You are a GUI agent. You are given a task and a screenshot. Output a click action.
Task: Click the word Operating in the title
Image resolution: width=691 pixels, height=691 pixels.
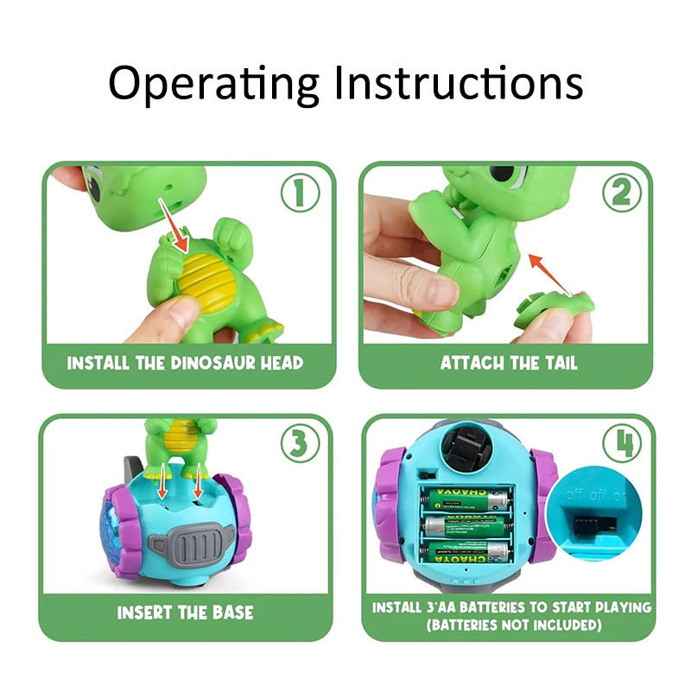pos(213,84)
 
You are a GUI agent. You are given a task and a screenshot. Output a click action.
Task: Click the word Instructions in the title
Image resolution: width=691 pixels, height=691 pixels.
pos(459,82)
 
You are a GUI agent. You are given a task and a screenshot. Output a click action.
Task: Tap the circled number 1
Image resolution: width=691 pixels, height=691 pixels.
pos(301,193)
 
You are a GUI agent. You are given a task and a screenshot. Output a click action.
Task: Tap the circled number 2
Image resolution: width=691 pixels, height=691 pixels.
pos(622,193)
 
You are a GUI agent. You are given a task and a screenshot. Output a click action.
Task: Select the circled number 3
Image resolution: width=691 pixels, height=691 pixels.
pos(301,442)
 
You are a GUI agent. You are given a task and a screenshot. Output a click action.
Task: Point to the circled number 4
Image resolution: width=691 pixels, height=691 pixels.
pos(622,442)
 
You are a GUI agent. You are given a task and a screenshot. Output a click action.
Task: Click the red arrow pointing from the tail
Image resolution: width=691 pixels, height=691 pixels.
pos(549,274)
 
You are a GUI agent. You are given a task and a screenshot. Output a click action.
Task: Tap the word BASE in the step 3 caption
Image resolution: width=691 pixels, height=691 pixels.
pos(233,612)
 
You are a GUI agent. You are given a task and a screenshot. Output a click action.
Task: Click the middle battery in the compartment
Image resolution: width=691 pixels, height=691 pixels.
pos(466,526)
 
